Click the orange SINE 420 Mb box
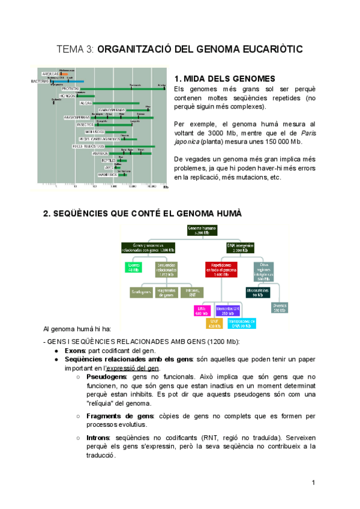coord(214,324)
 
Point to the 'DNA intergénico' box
coord(235,247)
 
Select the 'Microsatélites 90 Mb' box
coord(259,292)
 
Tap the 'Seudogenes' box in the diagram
coord(141,292)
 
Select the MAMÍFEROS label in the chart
coord(107,175)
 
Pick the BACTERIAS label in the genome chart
coord(41,81)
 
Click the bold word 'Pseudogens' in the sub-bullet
coord(106,377)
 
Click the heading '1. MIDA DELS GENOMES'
coord(224,79)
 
